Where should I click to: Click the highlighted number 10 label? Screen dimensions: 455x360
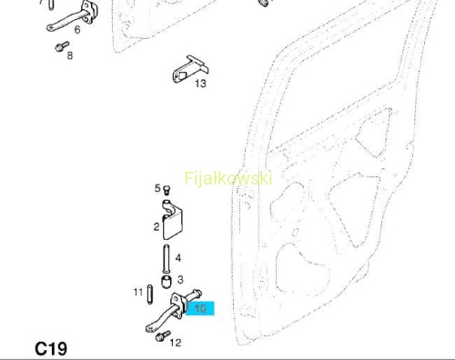[200, 308]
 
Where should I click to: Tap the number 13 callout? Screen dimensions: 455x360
[200, 83]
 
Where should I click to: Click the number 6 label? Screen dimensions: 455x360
[77, 29]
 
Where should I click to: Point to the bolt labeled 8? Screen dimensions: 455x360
[62, 46]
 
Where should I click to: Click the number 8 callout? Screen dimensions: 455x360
[70, 55]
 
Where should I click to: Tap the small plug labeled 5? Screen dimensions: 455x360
[167, 190]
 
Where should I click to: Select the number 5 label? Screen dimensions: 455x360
[157, 188]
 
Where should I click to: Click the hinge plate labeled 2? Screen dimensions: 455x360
[172, 220]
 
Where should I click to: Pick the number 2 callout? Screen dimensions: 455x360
[157, 226]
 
